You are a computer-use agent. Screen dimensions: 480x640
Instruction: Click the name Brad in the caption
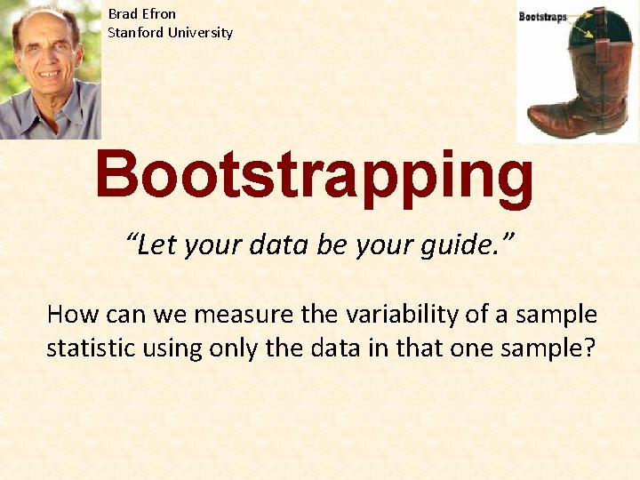click(x=123, y=14)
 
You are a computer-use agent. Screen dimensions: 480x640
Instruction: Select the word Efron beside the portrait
click(x=158, y=14)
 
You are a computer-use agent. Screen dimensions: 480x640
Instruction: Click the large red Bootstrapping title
click(x=315, y=176)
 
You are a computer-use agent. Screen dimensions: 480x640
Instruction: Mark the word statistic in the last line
click(x=90, y=348)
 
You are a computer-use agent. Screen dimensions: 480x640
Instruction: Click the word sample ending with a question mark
click(x=549, y=348)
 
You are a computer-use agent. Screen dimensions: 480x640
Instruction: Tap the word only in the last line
click(x=235, y=348)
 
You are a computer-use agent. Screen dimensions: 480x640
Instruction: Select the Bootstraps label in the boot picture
click(x=542, y=17)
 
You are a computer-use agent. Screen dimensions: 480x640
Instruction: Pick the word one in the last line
click(x=470, y=348)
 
